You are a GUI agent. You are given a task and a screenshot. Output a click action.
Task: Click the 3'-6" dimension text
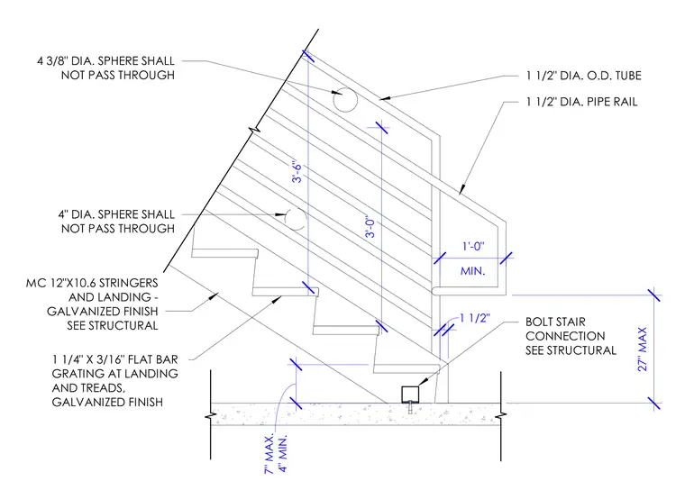(297, 173)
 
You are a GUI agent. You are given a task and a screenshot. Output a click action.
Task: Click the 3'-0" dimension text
(370, 227)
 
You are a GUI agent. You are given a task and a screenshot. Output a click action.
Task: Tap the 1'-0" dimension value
(473, 246)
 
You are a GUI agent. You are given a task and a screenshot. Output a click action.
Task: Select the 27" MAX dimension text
(642, 349)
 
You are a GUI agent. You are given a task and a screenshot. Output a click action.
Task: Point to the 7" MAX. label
(269, 453)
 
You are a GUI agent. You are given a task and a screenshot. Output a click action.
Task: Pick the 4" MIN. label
(283, 453)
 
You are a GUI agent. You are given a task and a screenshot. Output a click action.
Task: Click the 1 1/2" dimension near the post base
(475, 318)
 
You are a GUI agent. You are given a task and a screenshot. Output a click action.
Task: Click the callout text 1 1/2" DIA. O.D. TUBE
(584, 76)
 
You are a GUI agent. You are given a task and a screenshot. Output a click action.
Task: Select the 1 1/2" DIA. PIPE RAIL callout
(581, 102)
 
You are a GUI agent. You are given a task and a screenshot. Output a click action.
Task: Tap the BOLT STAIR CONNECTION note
(571, 336)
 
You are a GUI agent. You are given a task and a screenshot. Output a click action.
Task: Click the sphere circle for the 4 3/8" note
(345, 99)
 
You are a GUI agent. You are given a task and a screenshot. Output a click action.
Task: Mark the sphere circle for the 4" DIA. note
(296, 219)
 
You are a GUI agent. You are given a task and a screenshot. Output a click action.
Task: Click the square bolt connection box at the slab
(410, 395)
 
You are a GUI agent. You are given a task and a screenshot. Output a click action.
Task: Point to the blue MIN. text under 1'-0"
(472, 271)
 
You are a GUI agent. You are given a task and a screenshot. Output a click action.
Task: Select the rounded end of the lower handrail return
(434, 291)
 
